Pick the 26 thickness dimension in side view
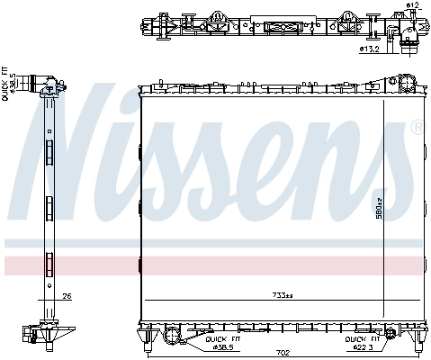click(x=66, y=296)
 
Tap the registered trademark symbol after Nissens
click(x=417, y=128)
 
